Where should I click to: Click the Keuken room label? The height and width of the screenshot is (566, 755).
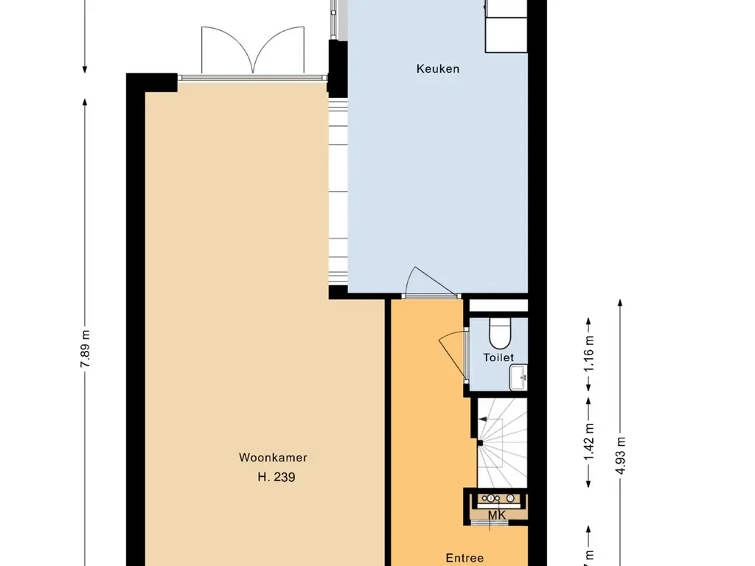(x=437, y=69)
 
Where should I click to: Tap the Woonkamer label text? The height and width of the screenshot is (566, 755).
(x=273, y=458)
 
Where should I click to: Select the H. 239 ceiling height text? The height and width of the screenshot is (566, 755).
(x=276, y=478)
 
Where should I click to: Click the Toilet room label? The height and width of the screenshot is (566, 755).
(x=498, y=357)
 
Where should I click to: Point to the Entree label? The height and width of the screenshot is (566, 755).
(x=465, y=559)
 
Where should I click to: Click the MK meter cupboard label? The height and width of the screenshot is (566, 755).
(x=498, y=515)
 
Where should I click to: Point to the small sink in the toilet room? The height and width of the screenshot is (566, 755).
(x=519, y=377)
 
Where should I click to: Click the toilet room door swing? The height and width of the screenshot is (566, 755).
(x=452, y=354)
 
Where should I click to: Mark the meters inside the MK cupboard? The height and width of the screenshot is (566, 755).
(x=497, y=499)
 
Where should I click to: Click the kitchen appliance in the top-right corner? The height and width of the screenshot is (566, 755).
(x=506, y=26)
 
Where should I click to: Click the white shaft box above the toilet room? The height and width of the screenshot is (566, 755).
(x=498, y=305)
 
